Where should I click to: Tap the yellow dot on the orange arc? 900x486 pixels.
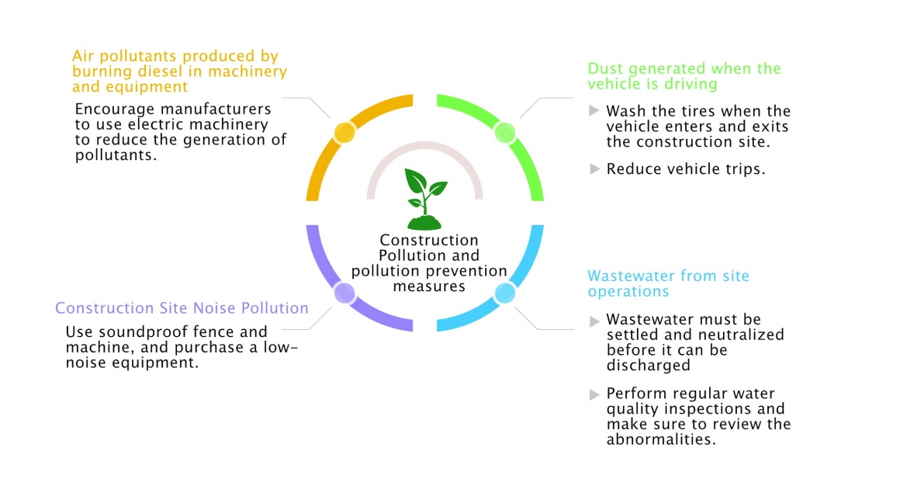344,132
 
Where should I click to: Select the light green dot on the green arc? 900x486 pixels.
505,132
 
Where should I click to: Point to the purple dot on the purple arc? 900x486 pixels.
344,293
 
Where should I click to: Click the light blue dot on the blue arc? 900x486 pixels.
505,293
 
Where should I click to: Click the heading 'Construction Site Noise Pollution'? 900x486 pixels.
182,308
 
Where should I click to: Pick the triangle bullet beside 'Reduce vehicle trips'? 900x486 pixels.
594,168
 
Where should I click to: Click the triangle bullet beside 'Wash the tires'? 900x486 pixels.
594,110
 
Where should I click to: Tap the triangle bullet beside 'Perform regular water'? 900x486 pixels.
594,394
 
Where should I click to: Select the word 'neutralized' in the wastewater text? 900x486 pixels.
736,335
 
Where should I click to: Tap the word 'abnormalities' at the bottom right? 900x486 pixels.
659,439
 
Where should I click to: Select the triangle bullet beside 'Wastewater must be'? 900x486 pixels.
594,320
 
